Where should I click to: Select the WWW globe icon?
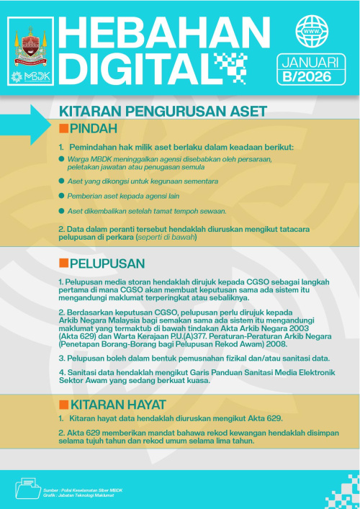tap(311, 32)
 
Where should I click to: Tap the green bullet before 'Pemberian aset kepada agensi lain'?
tap(61, 196)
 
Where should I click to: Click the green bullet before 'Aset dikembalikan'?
tap(61, 211)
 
